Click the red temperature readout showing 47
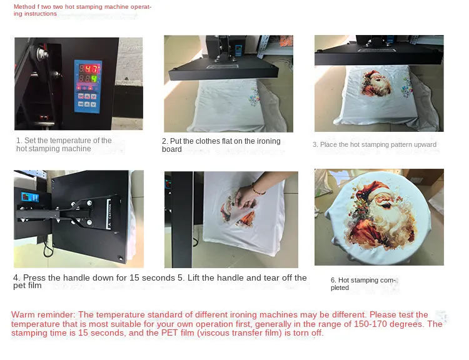(x=91, y=69)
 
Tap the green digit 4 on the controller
(x=94, y=79)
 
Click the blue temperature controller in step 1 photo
(x=88, y=86)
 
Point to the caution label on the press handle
(x=109, y=214)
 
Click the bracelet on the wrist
(x=257, y=189)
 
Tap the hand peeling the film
(x=246, y=197)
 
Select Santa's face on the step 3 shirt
(x=376, y=83)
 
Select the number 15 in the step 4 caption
(x=134, y=277)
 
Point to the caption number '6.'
(x=333, y=280)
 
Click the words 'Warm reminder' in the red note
(x=43, y=314)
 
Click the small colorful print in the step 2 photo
(x=255, y=96)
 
